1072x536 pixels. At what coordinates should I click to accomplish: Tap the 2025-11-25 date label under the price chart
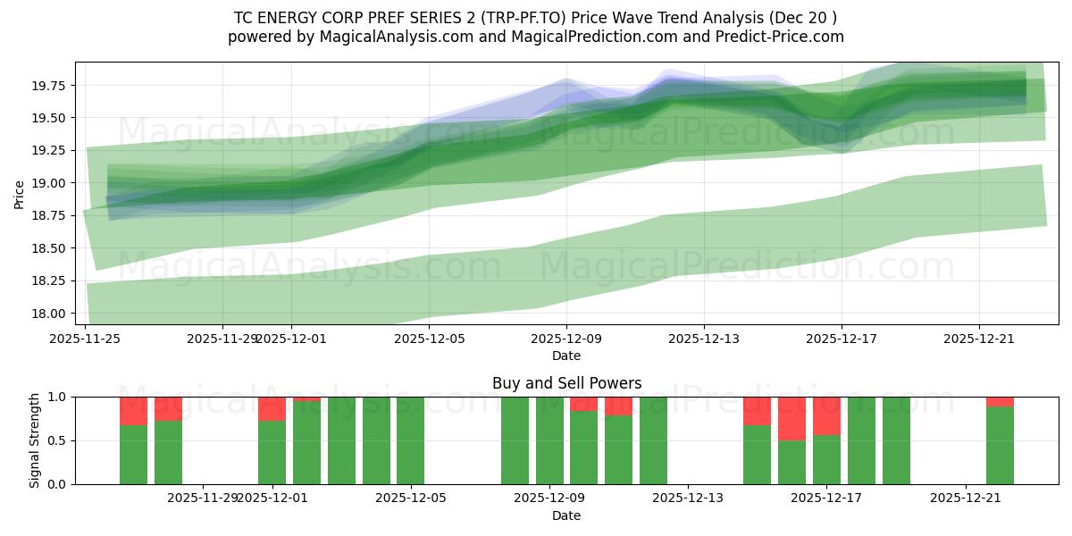coord(85,339)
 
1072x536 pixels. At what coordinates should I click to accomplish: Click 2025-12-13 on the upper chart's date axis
coord(703,339)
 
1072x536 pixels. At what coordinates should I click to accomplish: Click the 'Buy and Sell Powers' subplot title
coord(566,383)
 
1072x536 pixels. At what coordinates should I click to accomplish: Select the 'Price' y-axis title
coord(20,193)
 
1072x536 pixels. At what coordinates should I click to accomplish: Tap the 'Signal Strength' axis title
coord(34,440)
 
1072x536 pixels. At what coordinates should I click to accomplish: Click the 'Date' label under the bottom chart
coord(566,515)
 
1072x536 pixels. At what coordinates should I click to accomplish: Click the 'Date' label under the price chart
coord(566,356)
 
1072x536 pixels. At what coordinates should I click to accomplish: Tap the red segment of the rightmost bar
coord(1000,401)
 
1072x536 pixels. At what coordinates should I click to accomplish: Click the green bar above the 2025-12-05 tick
coord(410,440)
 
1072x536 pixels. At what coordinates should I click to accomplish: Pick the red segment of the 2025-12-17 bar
coord(826,415)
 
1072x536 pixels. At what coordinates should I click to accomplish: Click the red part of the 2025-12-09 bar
coord(583,404)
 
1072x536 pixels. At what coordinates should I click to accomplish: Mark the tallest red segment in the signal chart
coord(791,418)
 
